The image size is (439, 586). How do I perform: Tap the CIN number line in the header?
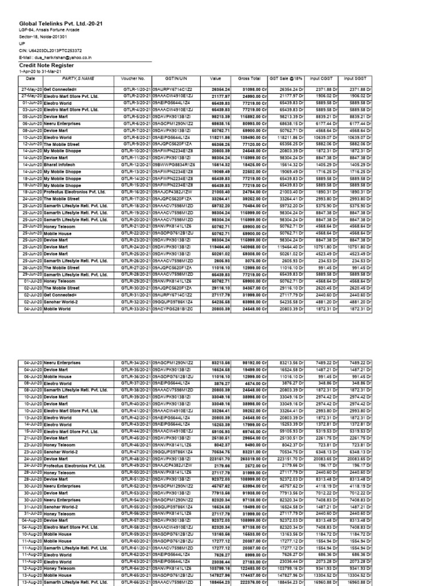pyautogui.click(x=51, y=50)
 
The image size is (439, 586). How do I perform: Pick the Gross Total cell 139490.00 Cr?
pyautogui.click(x=249, y=137)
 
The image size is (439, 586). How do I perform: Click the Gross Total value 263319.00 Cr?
pyautogui.click(x=249, y=458)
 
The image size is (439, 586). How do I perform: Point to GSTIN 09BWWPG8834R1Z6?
pyautogui.click(x=174, y=163)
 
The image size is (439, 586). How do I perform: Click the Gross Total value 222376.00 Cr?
pyautogui.click(x=249, y=581)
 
